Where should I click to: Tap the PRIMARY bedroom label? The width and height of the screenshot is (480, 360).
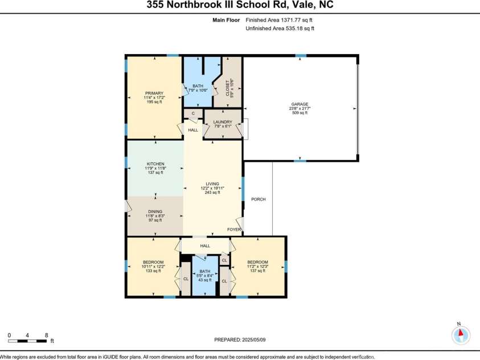pos(154,93)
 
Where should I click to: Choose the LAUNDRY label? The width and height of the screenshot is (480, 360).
pos(222,122)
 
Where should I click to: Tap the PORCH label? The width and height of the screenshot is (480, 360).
pos(258,199)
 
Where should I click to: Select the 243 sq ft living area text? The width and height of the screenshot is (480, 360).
pos(212,193)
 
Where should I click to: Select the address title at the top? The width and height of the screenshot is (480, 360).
pos(240,5)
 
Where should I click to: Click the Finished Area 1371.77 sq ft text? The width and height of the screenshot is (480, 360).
pos(280,20)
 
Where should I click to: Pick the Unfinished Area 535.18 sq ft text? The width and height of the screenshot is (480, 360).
pos(280,27)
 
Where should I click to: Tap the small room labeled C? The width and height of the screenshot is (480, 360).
pos(193,113)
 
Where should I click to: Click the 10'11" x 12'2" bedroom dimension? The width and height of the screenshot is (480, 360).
pos(154,267)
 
